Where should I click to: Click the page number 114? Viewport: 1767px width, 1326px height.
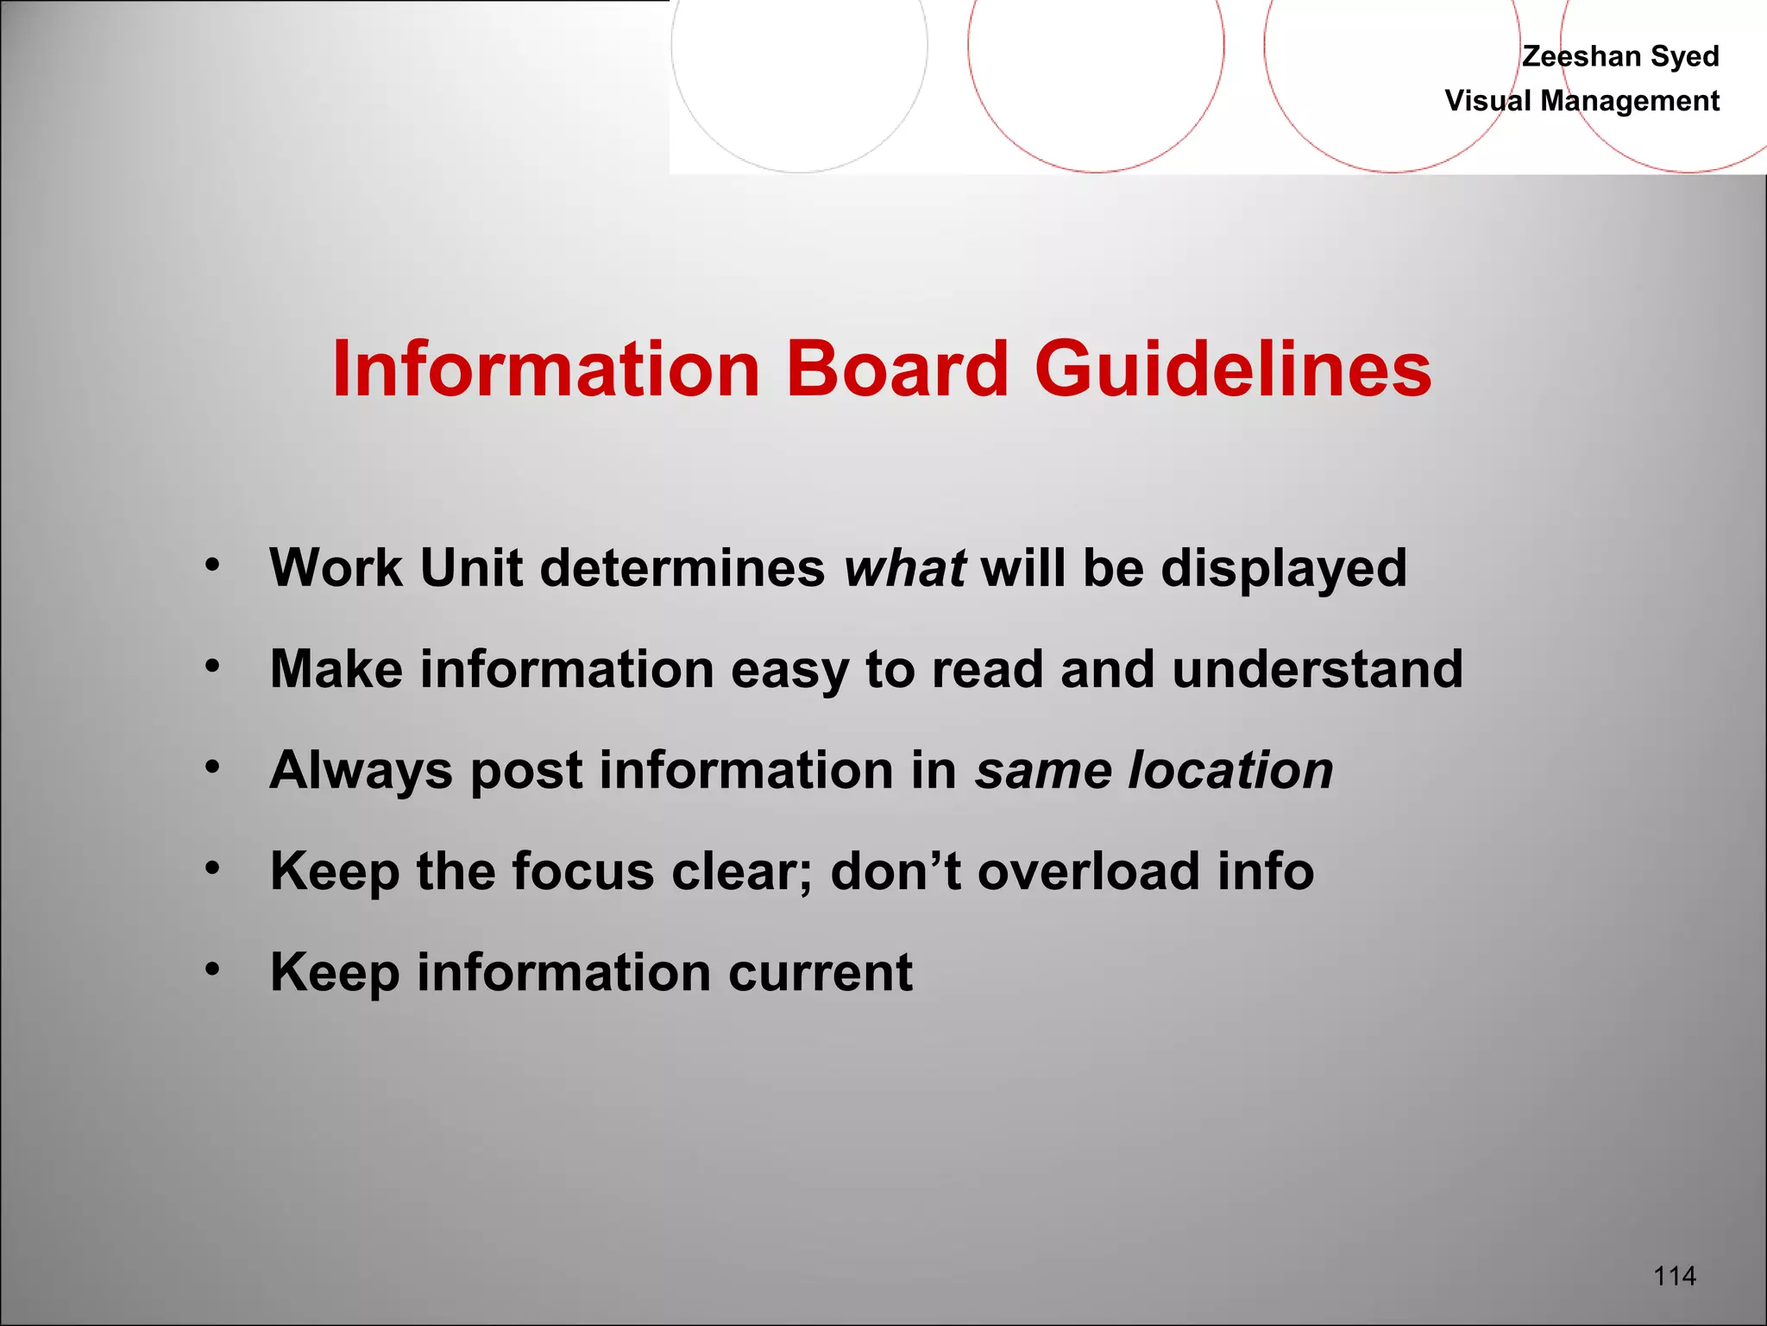pyautogui.click(x=1674, y=1275)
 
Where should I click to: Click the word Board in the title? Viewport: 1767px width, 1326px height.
pyautogui.click(x=896, y=369)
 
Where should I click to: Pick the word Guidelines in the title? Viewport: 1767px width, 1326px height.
pyautogui.click(x=1233, y=369)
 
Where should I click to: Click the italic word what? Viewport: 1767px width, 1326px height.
pyautogui.click(x=904, y=568)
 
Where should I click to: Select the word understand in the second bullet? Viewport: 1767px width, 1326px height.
pyautogui.click(x=1317, y=669)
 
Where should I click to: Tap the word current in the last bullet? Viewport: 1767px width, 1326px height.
pyautogui.click(x=820, y=972)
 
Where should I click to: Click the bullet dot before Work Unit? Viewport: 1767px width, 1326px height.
pyautogui.click(x=213, y=566)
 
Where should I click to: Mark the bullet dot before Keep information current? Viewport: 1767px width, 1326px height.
pyautogui.click(x=213, y=969)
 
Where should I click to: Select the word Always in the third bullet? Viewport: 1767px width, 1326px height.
pyautogui.click(x=362, y=771)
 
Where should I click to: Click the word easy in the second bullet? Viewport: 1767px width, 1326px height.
pyautogui.click(x=789, y=671)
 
